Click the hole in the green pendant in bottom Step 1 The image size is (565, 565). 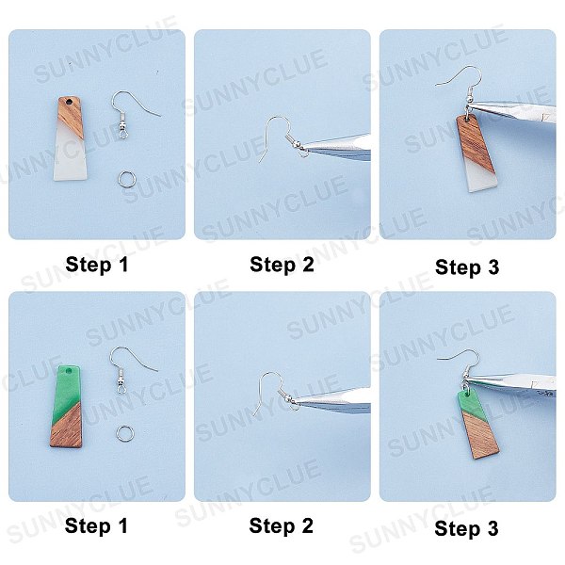point(73,371)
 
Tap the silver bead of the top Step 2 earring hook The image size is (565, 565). point(297,144)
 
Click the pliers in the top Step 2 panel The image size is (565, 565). point(337,147)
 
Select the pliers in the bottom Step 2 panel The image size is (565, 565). point(333,399)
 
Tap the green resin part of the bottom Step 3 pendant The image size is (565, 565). point(473,405)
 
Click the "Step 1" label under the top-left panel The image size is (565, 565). point(97,265)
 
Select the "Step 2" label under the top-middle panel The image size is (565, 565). point(282,265)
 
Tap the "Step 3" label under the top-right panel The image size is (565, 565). point(467,267)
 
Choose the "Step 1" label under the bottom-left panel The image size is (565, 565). point(96,525)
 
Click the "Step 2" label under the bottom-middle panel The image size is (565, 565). point(281,525)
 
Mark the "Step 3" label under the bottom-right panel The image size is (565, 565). point(466,528)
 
